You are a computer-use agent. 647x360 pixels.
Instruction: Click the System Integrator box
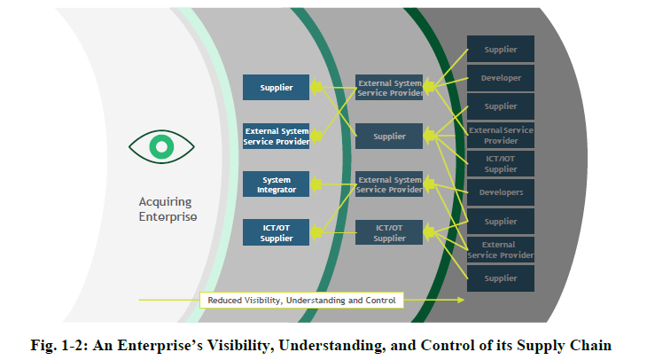(x=276, y=184)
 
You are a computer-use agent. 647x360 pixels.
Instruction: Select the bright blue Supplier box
(x=276, y=87)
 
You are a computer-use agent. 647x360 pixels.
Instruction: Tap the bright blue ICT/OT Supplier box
(x=276, y=233)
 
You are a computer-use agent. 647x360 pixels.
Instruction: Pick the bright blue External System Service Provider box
(x=276, y=136)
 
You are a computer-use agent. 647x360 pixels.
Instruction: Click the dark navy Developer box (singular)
(x=501, y=78)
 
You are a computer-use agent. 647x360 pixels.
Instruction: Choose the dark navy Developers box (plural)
(x=501, y=192)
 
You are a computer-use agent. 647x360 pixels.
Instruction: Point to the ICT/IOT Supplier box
(x=501, y=164)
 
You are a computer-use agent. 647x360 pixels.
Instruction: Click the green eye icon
(x=160, y=145)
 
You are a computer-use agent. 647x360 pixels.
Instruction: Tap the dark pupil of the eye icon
(x=160, y=145)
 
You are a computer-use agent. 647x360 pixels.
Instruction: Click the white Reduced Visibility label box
(x=301, y=300)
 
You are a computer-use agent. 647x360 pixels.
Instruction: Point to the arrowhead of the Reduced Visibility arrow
(x=460, y=300)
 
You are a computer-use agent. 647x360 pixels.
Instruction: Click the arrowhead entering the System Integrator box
(x=313, y=184)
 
